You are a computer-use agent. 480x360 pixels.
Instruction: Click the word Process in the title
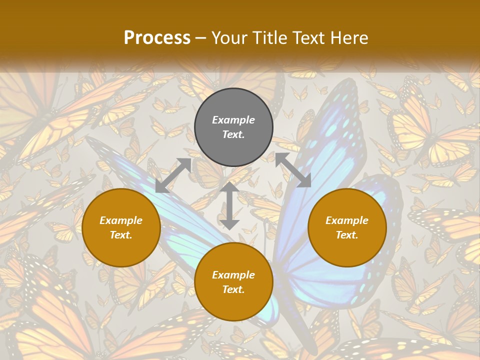(157, 38)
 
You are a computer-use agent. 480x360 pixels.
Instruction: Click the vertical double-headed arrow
(229, 205)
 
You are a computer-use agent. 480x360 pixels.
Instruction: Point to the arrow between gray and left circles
(173, 175)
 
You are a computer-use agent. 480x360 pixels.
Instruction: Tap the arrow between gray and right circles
(293, 170)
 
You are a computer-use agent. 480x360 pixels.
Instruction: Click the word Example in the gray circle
(233, 120)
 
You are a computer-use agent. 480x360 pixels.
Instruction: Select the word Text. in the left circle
(121, 235)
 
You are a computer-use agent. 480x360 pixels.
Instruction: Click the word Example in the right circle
(347, 220)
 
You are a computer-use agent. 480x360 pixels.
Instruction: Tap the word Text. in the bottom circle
(233, 289)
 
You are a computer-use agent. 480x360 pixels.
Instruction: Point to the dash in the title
(201, 38)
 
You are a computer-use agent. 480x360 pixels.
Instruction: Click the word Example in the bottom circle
(233, 275)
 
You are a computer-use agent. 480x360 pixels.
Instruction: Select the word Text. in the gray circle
(233, 134)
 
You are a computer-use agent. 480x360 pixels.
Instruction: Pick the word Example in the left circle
(121, 220)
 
